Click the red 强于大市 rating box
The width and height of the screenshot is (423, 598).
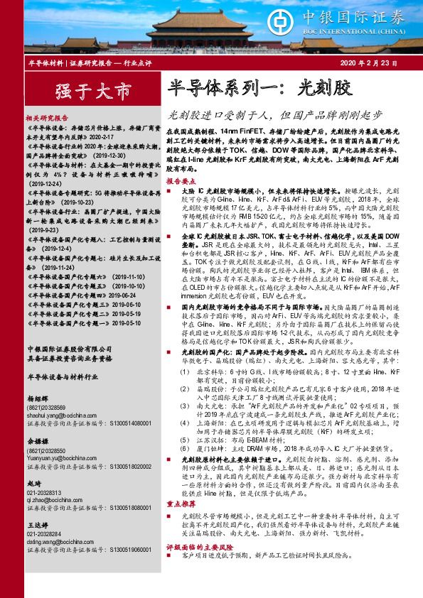click(83, 91)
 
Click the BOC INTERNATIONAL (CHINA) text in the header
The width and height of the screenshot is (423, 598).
click(363, 32)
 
